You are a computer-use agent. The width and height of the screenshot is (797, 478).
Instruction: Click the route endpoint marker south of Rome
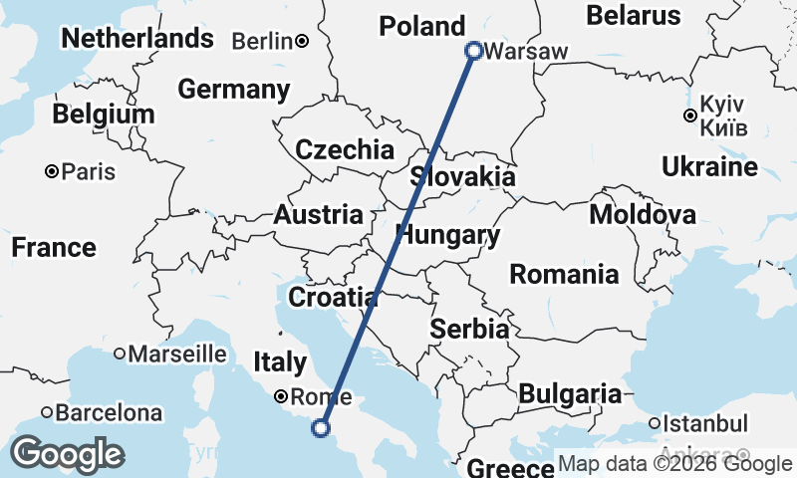[x=321, y=428]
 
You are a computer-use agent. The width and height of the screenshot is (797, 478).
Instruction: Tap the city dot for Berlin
[x=301, y=41]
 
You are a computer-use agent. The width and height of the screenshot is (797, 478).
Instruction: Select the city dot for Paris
[x=51, y=172]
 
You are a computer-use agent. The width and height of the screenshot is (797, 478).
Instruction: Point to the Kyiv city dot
[x=689, y=116]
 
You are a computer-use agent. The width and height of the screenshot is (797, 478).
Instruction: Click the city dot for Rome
[x=282, y=394]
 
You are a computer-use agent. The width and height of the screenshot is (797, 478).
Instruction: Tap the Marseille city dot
[x=120, y=353]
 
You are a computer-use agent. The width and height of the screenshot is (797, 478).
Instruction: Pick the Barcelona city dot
[x=47, y=411]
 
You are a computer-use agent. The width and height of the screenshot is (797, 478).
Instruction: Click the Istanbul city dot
[x=654, y=423]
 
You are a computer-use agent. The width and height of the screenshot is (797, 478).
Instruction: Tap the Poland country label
[x=422, y=26]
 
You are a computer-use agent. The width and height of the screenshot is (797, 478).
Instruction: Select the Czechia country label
[x=345, y=150]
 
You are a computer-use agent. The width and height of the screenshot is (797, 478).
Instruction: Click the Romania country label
[x=564, y=274]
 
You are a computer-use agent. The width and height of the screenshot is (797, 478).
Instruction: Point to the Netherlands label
[x=137, y=38]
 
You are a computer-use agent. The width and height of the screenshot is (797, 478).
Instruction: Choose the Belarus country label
[x=634, y=15]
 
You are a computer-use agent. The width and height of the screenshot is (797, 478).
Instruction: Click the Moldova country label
[x=643, y=214]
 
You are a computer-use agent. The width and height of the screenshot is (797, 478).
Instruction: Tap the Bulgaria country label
[x=570, y=393]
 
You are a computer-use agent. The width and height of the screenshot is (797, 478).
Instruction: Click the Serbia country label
[x=470, y=329]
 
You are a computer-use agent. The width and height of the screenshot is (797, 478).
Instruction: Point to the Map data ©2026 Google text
[x=674, y=464]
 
